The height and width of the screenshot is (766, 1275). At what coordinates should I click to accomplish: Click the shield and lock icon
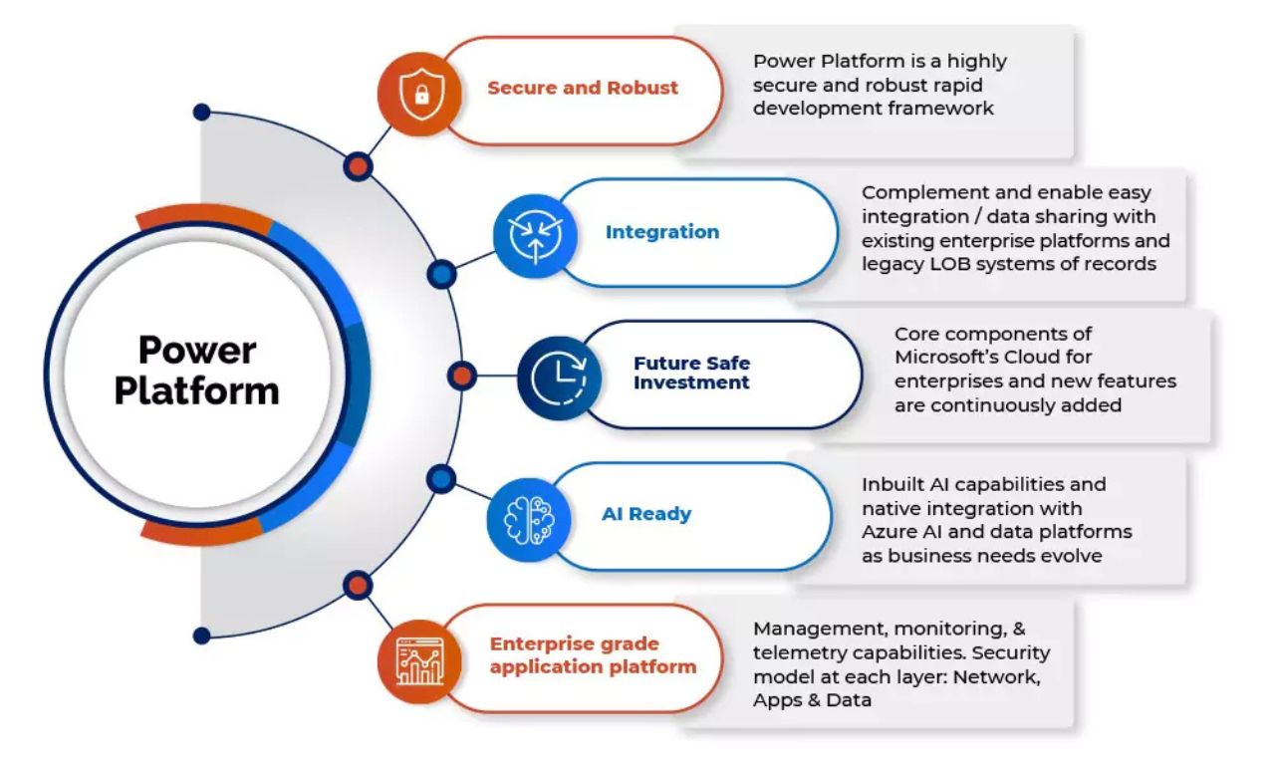(421, 94)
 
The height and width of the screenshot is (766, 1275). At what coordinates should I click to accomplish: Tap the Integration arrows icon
(535, 236)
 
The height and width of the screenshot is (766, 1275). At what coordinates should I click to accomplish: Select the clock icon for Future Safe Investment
(559, 379)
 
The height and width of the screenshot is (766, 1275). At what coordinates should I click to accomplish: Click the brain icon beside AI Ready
(529, 520)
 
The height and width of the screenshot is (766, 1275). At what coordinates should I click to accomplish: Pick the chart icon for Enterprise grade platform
(420, 661)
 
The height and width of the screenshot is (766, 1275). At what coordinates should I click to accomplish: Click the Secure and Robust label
(583, 88)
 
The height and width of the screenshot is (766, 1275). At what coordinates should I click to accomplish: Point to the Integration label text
(662, 232)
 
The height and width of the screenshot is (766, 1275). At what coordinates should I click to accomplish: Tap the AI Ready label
(646, 514)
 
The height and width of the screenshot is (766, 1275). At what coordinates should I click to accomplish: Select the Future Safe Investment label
(691, 373)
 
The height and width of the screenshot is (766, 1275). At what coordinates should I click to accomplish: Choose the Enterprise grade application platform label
(593, 655)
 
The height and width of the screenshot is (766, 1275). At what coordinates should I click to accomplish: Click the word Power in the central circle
(197, 350)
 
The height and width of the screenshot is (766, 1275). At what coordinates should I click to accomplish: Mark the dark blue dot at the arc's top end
(202, 113)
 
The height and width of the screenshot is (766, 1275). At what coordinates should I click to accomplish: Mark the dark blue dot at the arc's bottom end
(202, 636)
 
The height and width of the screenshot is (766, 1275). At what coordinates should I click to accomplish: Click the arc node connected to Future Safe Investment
(462, 376)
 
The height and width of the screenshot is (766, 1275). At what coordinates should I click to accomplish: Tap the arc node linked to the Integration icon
(441, 275)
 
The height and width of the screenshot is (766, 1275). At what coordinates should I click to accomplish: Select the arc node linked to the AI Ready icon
(441, 479)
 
